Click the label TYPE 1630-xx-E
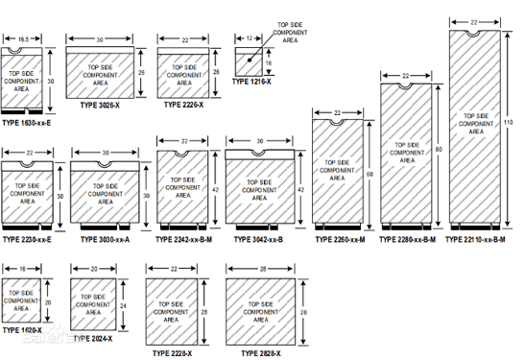point(27,123)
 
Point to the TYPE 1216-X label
point(251,82)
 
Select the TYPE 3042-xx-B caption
point(259,238)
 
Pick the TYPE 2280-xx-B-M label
point(408,238)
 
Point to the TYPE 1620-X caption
point(23,328)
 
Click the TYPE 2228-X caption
point(173,353)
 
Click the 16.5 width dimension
point(22,39)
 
